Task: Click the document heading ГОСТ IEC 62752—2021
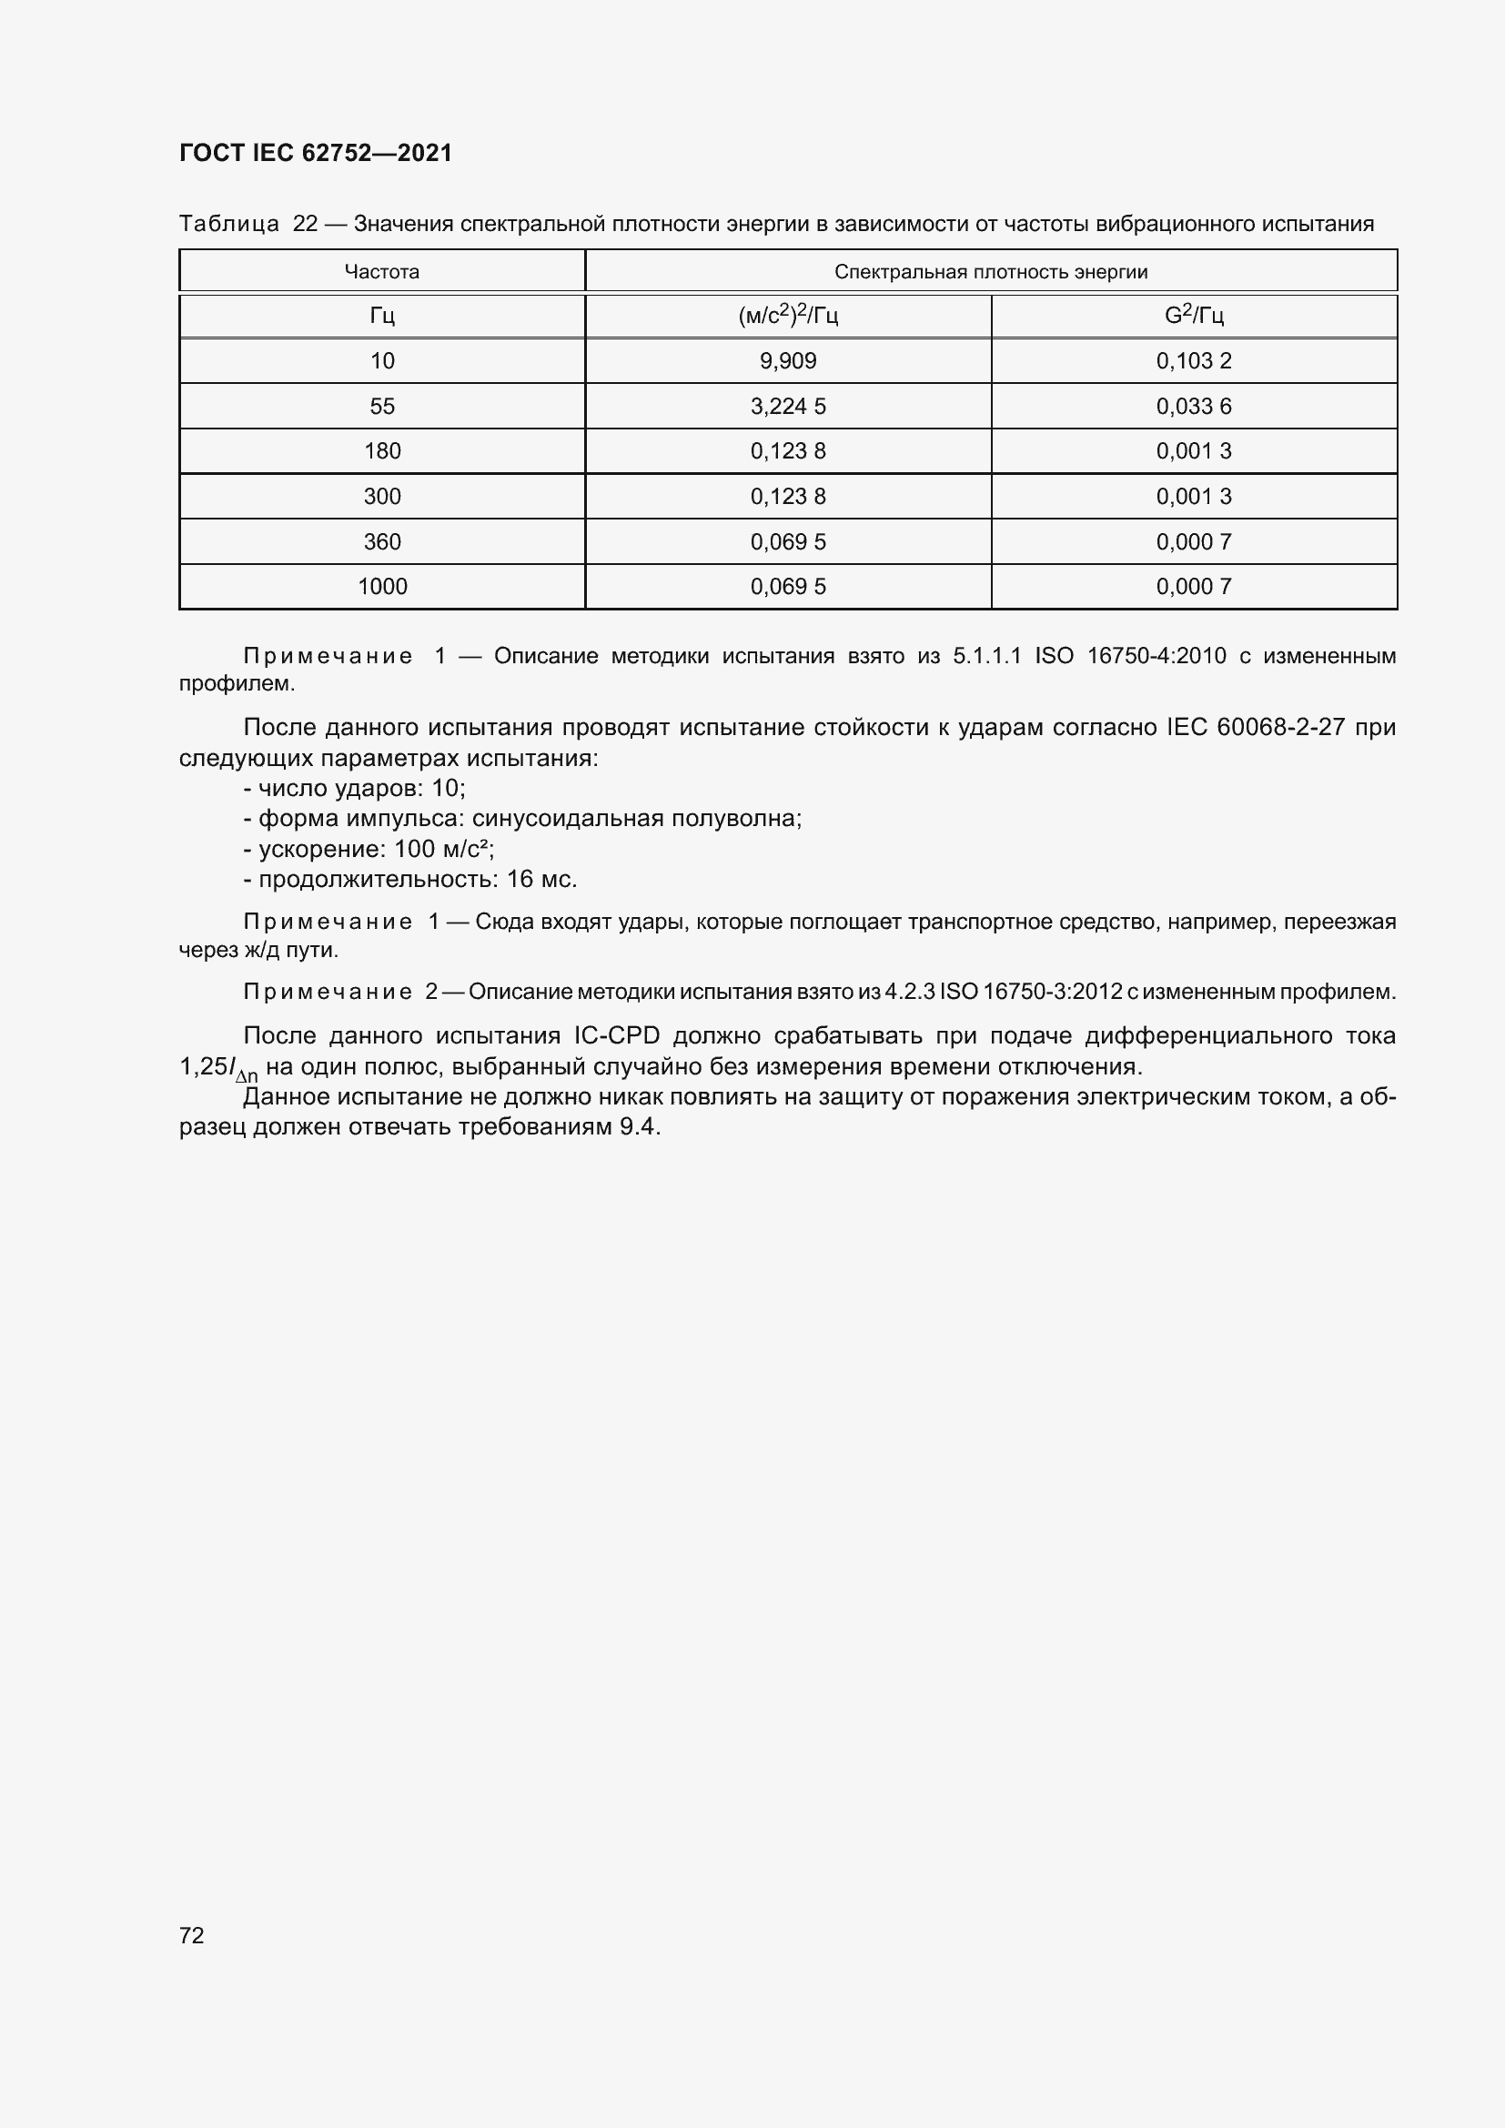click(315, 153)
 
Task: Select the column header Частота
click(382, 271)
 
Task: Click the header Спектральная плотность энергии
click(991, 271)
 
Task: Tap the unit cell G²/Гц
click(1194, 316)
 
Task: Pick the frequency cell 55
click(382, 406)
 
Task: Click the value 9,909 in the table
click(788, 360)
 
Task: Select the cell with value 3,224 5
click(788, 406)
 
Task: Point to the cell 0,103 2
click(1194, 360)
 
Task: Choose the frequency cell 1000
click(382, 586)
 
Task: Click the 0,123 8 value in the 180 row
click(788, 450)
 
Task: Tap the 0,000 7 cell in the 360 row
click(1194, 541)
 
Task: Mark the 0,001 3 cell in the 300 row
click(1194, 496)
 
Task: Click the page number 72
click(192, 1935)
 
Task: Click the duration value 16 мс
click(541, 879)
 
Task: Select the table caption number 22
click(305, 224)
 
